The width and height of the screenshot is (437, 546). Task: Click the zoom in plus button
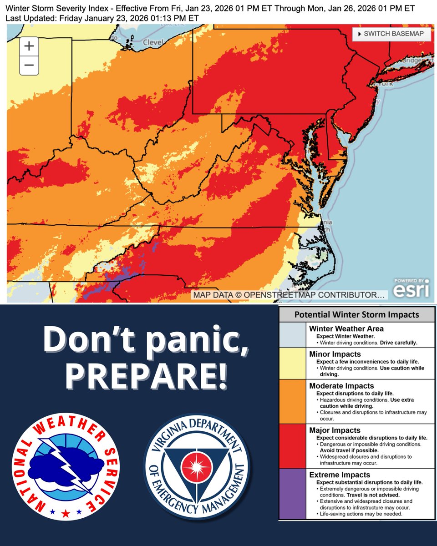coord(29,46)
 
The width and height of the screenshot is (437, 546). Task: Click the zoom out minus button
coord(29,66)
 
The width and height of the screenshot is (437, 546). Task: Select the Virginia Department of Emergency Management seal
coord(197,469)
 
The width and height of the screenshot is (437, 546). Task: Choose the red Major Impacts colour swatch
coord(292,446)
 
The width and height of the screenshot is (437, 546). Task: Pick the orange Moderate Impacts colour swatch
coord(292,401)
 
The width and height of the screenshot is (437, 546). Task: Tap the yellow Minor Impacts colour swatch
coord(292,363)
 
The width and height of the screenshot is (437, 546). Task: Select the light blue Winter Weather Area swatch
coord(292,334)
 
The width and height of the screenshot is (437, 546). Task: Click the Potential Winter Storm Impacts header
coord(356,314)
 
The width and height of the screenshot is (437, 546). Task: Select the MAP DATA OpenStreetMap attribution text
coord(290,295)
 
